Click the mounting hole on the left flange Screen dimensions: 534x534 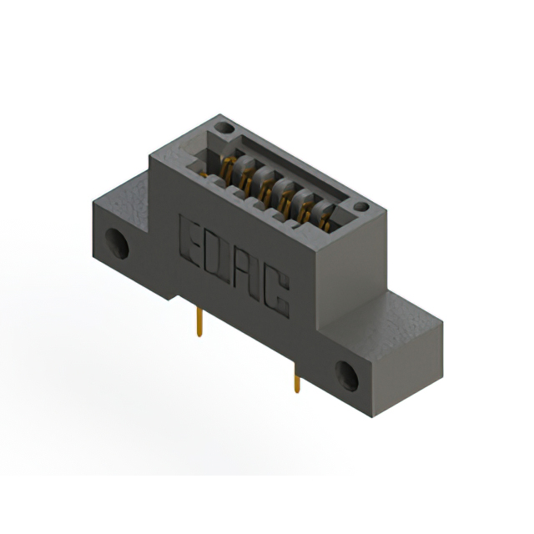[x=115, y=244]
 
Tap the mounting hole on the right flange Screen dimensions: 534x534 [x=346, y=376]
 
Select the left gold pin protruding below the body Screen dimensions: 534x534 [x=199, y=320]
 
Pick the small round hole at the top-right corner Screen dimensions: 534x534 [x=360, y=206]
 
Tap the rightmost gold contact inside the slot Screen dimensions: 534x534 [x=324, y=219]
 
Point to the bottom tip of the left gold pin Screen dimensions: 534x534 [x=199, y=335]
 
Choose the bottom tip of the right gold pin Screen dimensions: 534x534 [x=296, y=391]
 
